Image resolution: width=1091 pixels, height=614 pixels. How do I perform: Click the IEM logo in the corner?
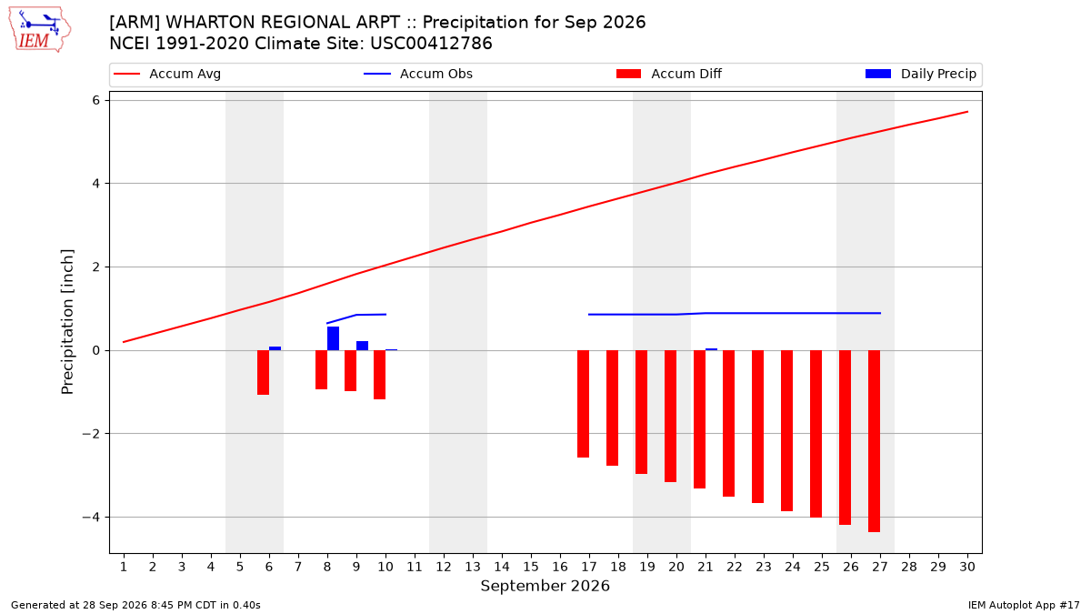pyautogui.click(x=40, y=30)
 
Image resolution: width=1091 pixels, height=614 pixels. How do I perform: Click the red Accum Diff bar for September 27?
pyautogui.click(x=874, y=441)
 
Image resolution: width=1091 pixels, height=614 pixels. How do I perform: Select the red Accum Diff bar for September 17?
pyautogui.click(x=583, y=404)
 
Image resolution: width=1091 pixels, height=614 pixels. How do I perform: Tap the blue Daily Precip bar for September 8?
pyautogui.click(x=333, y=338)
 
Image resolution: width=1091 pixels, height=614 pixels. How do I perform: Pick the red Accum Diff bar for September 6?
pyautogui.click(x=263, y=372)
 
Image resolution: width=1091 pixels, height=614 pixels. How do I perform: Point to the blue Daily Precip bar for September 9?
pyautogui.click(x=363, y=346)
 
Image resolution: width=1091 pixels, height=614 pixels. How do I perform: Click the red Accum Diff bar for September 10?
pyautogui.click(x=379, y=375)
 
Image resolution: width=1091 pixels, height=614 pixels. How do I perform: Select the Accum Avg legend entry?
pyautogui.click(x=167, y=74)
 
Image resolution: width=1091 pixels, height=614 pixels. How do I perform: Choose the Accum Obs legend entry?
pyautogui.click(x=418, y=74)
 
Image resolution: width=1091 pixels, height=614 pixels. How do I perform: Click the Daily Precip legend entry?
pyautogui.click(x=920, y=74)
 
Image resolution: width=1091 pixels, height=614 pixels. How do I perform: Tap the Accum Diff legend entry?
pyautogui.click(x=669, y=74)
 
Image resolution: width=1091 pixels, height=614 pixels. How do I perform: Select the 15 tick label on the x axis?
pyautogui.click(x=531, y=567)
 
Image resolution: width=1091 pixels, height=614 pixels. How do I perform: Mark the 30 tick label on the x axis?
pyautogui.click(x=967, y=567)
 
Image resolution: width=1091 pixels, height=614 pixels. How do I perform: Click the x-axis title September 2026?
pyautogui.click(x=545, y=586)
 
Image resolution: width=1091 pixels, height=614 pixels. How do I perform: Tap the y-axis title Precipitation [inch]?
pyautogui.click(x=67, y=322)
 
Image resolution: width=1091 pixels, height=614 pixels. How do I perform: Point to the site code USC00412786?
pyautogui.click(x=431, y=44)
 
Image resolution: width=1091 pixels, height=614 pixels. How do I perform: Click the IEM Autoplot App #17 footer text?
pyautogui.click(x=1024, y=605)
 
